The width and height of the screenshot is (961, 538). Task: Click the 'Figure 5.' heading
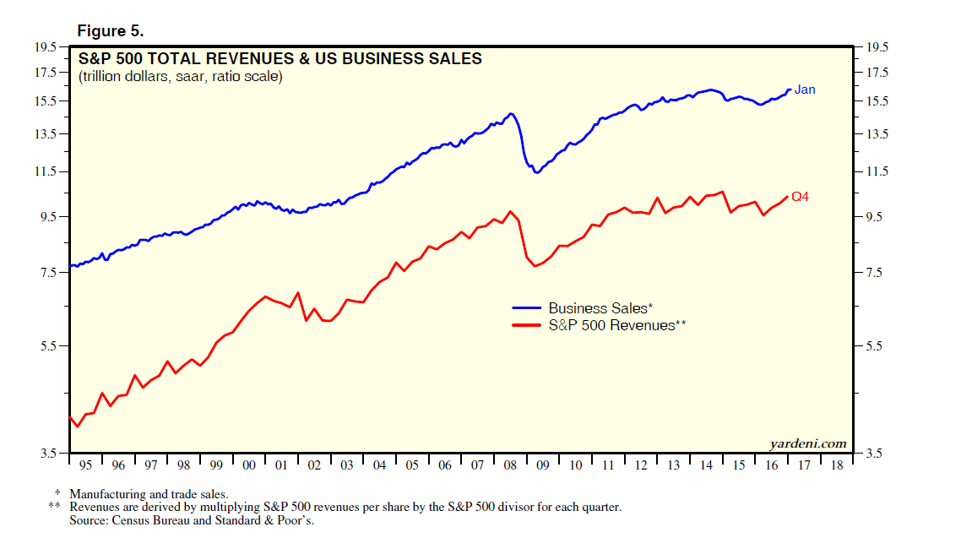[x=111, y=30]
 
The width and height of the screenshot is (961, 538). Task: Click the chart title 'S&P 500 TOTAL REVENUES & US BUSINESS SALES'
[x=280, y=59]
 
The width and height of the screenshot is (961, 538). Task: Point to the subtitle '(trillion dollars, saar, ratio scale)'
[x=181, y=77]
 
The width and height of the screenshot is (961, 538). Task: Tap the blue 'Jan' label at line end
[x=805, y=90]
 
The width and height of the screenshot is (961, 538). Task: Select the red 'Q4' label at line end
[x=800, y=197]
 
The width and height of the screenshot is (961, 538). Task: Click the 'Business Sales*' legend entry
[x=600, y=308]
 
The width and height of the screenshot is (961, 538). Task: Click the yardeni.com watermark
[x=807, y=443]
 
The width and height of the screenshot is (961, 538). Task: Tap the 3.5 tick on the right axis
[x=872, y=454]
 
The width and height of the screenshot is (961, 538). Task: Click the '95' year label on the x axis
[x=85, y=465]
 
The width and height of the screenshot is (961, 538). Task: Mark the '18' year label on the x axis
[x=836, y=465]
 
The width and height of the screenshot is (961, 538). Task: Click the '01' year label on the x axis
[x=281, y=465]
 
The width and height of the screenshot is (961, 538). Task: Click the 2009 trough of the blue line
[x=536, y=172]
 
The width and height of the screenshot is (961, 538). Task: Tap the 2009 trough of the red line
[x=535, y=266]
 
